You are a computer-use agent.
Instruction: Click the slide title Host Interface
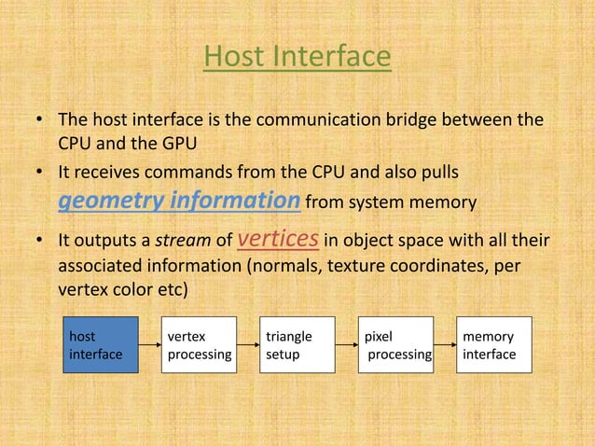point(297,58)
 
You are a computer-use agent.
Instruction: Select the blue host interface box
point(101,345)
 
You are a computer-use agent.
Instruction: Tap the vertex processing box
point(199,345)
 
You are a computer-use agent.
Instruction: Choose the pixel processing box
point(396,345)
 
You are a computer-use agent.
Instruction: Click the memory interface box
point(494,345)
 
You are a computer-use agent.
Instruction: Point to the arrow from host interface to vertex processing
point(149,346)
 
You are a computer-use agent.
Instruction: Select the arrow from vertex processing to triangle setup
point(248,346)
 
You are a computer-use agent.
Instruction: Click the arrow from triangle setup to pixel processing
point(347,346)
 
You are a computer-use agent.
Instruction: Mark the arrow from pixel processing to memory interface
point(446,346)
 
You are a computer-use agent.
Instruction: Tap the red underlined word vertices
point(279,240)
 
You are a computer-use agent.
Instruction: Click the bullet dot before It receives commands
point(40,174)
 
